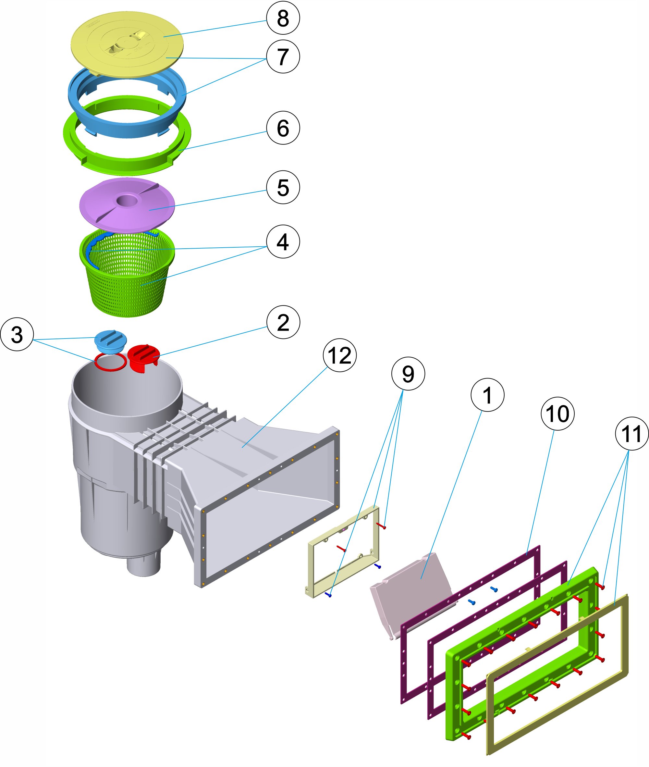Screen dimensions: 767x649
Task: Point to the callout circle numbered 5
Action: tap(283, 187)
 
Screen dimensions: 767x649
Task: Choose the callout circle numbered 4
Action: tap(283, 241)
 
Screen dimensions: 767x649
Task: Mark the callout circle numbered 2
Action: tap(283, 322)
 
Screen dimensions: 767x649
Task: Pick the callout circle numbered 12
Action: tap(339, 355)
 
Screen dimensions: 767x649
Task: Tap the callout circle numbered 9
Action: tap(408, 374)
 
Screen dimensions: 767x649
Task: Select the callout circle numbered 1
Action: tap(487, 395)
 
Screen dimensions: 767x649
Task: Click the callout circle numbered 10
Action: tap(557, 413)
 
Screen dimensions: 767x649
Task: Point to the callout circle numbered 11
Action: tap(631, 434)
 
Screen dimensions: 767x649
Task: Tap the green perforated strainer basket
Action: tap(127, 280)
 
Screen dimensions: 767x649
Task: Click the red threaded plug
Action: tap(143, 357)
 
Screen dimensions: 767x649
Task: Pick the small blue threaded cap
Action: tap(110, 340)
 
